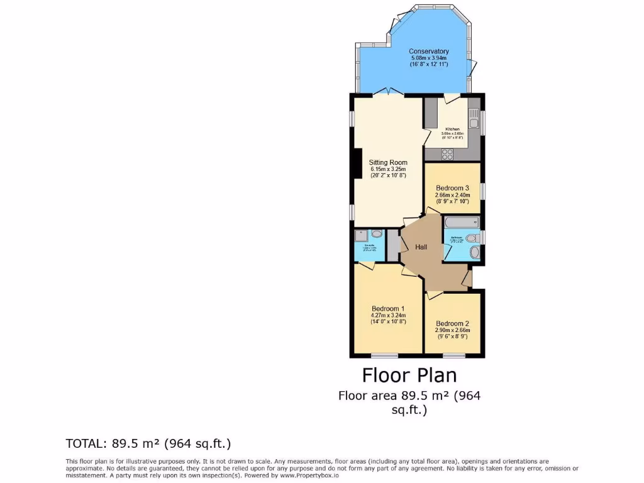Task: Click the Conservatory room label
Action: click(x=428, y=52)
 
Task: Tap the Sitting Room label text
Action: click(x=388, y=163)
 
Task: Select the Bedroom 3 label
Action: click(x=452, y=188)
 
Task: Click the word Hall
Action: click(x=421, y=247)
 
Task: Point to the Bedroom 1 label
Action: click(x=388, y=308)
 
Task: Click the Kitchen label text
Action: click(x=452, y=130)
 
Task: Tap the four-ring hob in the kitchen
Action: click(x=448, y=153)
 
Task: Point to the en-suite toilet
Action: click(x=377, y=233)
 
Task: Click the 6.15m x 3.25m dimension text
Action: click(x=388, y=169)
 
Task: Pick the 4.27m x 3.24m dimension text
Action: click(x=388, y=315)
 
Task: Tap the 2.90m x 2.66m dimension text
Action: click(x=452, y=330)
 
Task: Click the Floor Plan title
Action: click(x=409, y=375)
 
